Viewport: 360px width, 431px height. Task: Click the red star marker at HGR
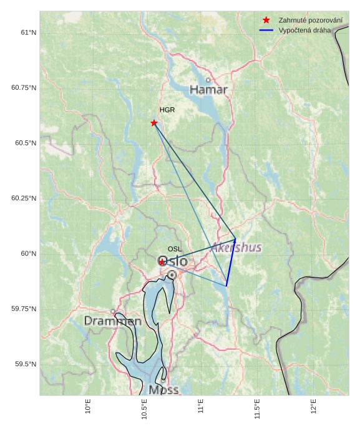154,123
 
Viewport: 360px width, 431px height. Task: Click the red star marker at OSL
162,262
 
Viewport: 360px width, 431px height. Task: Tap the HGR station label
167,110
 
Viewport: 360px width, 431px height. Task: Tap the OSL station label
175,249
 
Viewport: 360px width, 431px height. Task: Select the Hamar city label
208,90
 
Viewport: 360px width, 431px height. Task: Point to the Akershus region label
236,248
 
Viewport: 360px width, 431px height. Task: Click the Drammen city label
112,321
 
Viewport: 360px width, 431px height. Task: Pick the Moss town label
164,390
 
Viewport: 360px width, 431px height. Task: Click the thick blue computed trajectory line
231,263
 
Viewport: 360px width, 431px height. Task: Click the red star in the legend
266,21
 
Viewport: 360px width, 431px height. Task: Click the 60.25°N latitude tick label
24,198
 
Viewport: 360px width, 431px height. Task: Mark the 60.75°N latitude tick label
24,88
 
